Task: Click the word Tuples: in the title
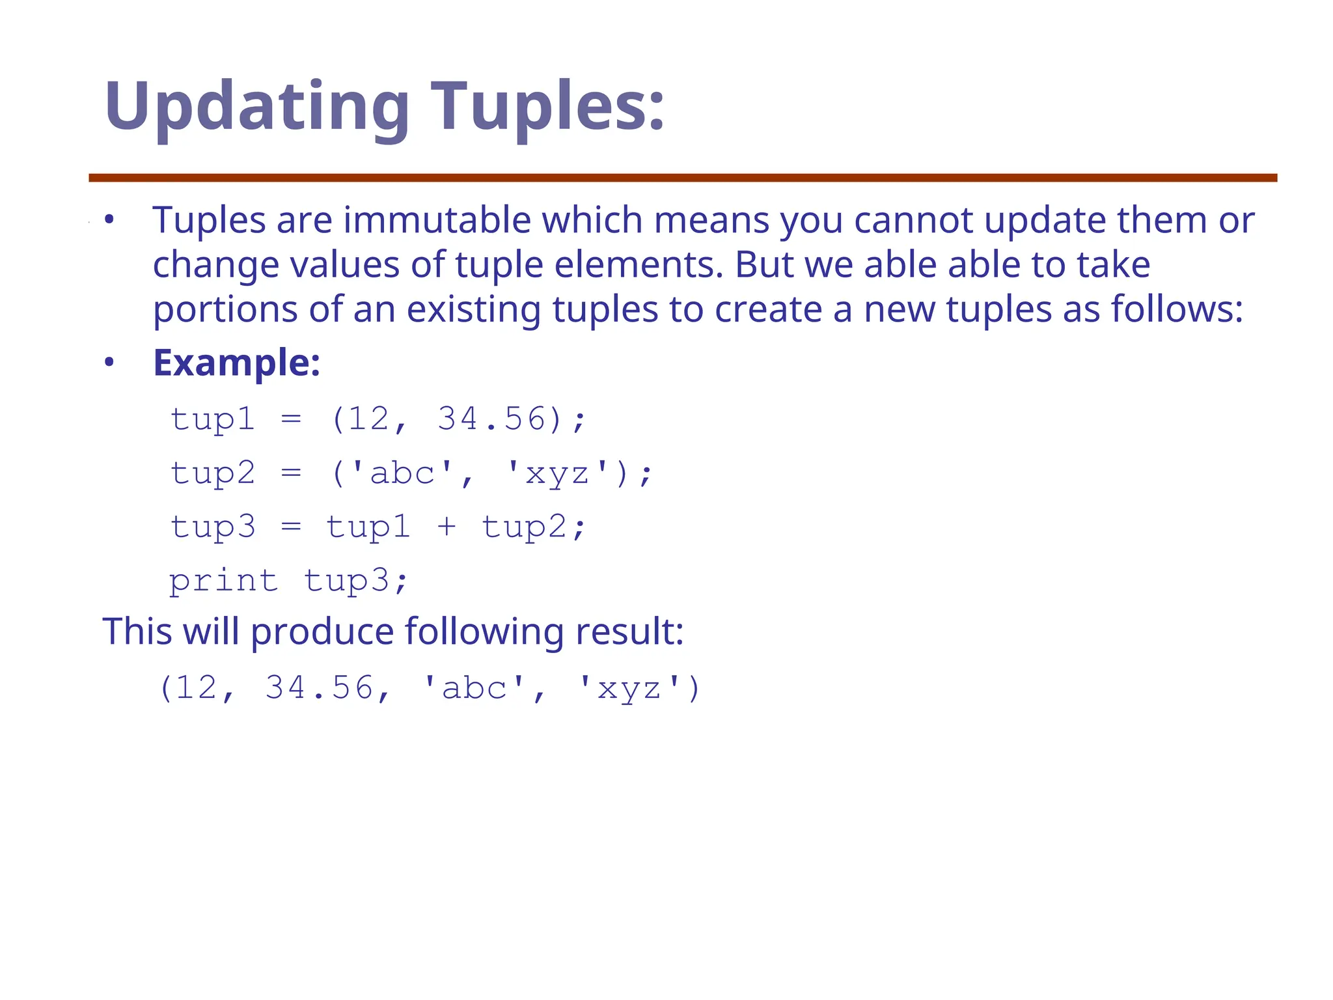[547, 106]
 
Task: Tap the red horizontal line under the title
[682, 178]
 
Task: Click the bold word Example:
[236, 363]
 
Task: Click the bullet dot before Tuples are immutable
[109, 220]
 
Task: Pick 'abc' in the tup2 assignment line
[402, 473]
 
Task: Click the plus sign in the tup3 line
[447, 527]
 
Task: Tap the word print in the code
[223, 581]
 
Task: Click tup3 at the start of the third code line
[213, 527]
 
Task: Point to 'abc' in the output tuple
[473, 688]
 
